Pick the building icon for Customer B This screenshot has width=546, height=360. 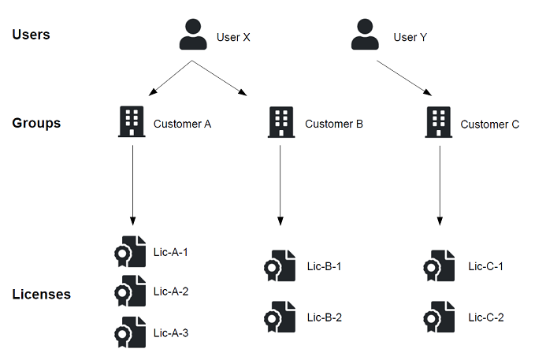(281, 122)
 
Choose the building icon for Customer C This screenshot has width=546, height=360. (439, 122)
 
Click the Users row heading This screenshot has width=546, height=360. (32, 35)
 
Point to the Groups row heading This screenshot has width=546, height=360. (36, 123)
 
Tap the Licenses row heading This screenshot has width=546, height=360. (41, 294)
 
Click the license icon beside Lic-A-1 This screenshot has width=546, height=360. (130, 252)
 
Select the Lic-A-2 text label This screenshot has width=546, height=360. (171, 291)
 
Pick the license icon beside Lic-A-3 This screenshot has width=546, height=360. (130, 332)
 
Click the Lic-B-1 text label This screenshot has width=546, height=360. (324, 266)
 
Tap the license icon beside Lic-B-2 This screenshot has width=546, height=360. (280, 317)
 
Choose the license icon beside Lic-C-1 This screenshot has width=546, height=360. (439, 266)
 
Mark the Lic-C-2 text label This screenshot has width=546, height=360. (485, 317)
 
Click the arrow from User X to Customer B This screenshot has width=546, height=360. (220, 79)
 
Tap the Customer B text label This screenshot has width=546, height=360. (333, 124)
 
